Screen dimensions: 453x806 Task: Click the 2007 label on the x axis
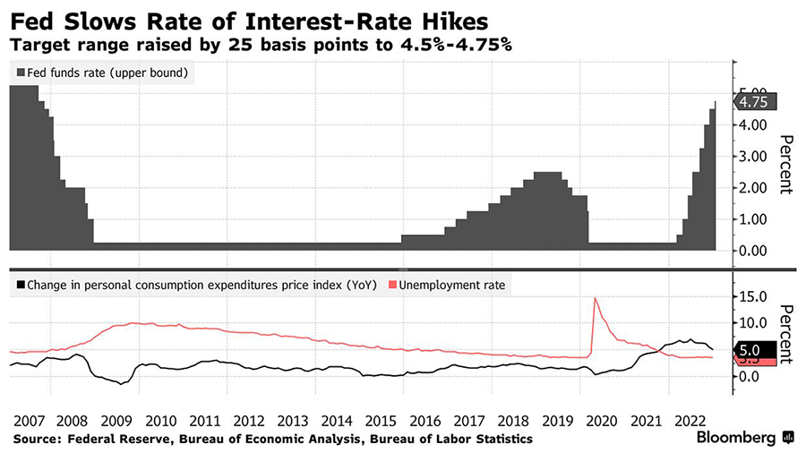pyautogui.click(x=30, y=421)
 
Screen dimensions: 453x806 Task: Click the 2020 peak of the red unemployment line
pyautogui.click(x=595, y=297)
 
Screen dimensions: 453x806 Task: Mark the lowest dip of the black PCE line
pyautogui.click(x=120, y=383)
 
